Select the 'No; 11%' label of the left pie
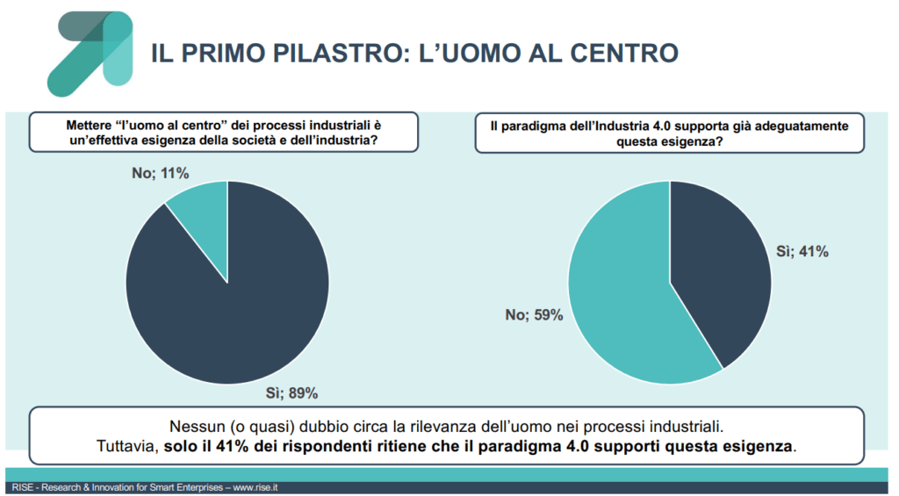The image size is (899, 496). (161, 173)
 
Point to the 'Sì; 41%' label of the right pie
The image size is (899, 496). (802, 251)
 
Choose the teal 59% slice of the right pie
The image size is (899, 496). (623, 298)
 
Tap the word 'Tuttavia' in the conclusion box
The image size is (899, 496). (124, 446)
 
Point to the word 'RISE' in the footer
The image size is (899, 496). (22, 487)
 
